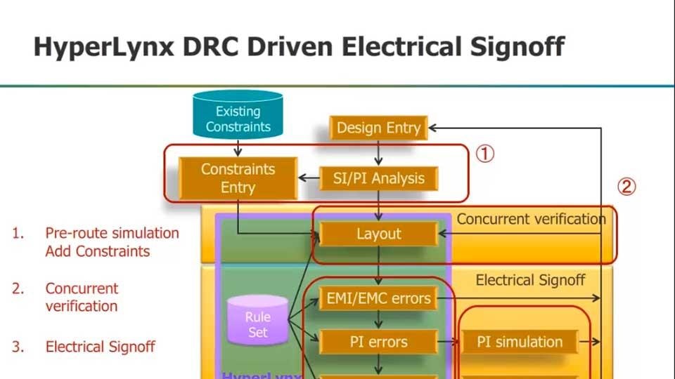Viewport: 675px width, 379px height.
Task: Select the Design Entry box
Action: coord(378,128)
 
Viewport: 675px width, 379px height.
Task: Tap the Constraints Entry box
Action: coord(238,178)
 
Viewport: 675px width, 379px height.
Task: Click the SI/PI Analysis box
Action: coord(379,178)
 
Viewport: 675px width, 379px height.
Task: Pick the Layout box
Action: coord(379,234)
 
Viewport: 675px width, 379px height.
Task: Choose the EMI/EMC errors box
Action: coord(379,298)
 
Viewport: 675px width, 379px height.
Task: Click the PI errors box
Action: coord(379,342)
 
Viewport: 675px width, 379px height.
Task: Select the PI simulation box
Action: coord(520,342)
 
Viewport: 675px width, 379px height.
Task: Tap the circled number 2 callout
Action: coord(626,187)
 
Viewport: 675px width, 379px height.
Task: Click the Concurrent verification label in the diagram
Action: coord(531,219)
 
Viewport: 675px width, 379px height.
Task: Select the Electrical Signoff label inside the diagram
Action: coord(530,280)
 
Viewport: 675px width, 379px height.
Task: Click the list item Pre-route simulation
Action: coord(112,233)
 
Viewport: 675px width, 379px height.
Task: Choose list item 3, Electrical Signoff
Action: coord(100,347)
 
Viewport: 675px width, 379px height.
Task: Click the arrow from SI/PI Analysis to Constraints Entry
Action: coord(308,178)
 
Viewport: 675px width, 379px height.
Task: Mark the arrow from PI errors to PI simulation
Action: coord(449,343)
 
